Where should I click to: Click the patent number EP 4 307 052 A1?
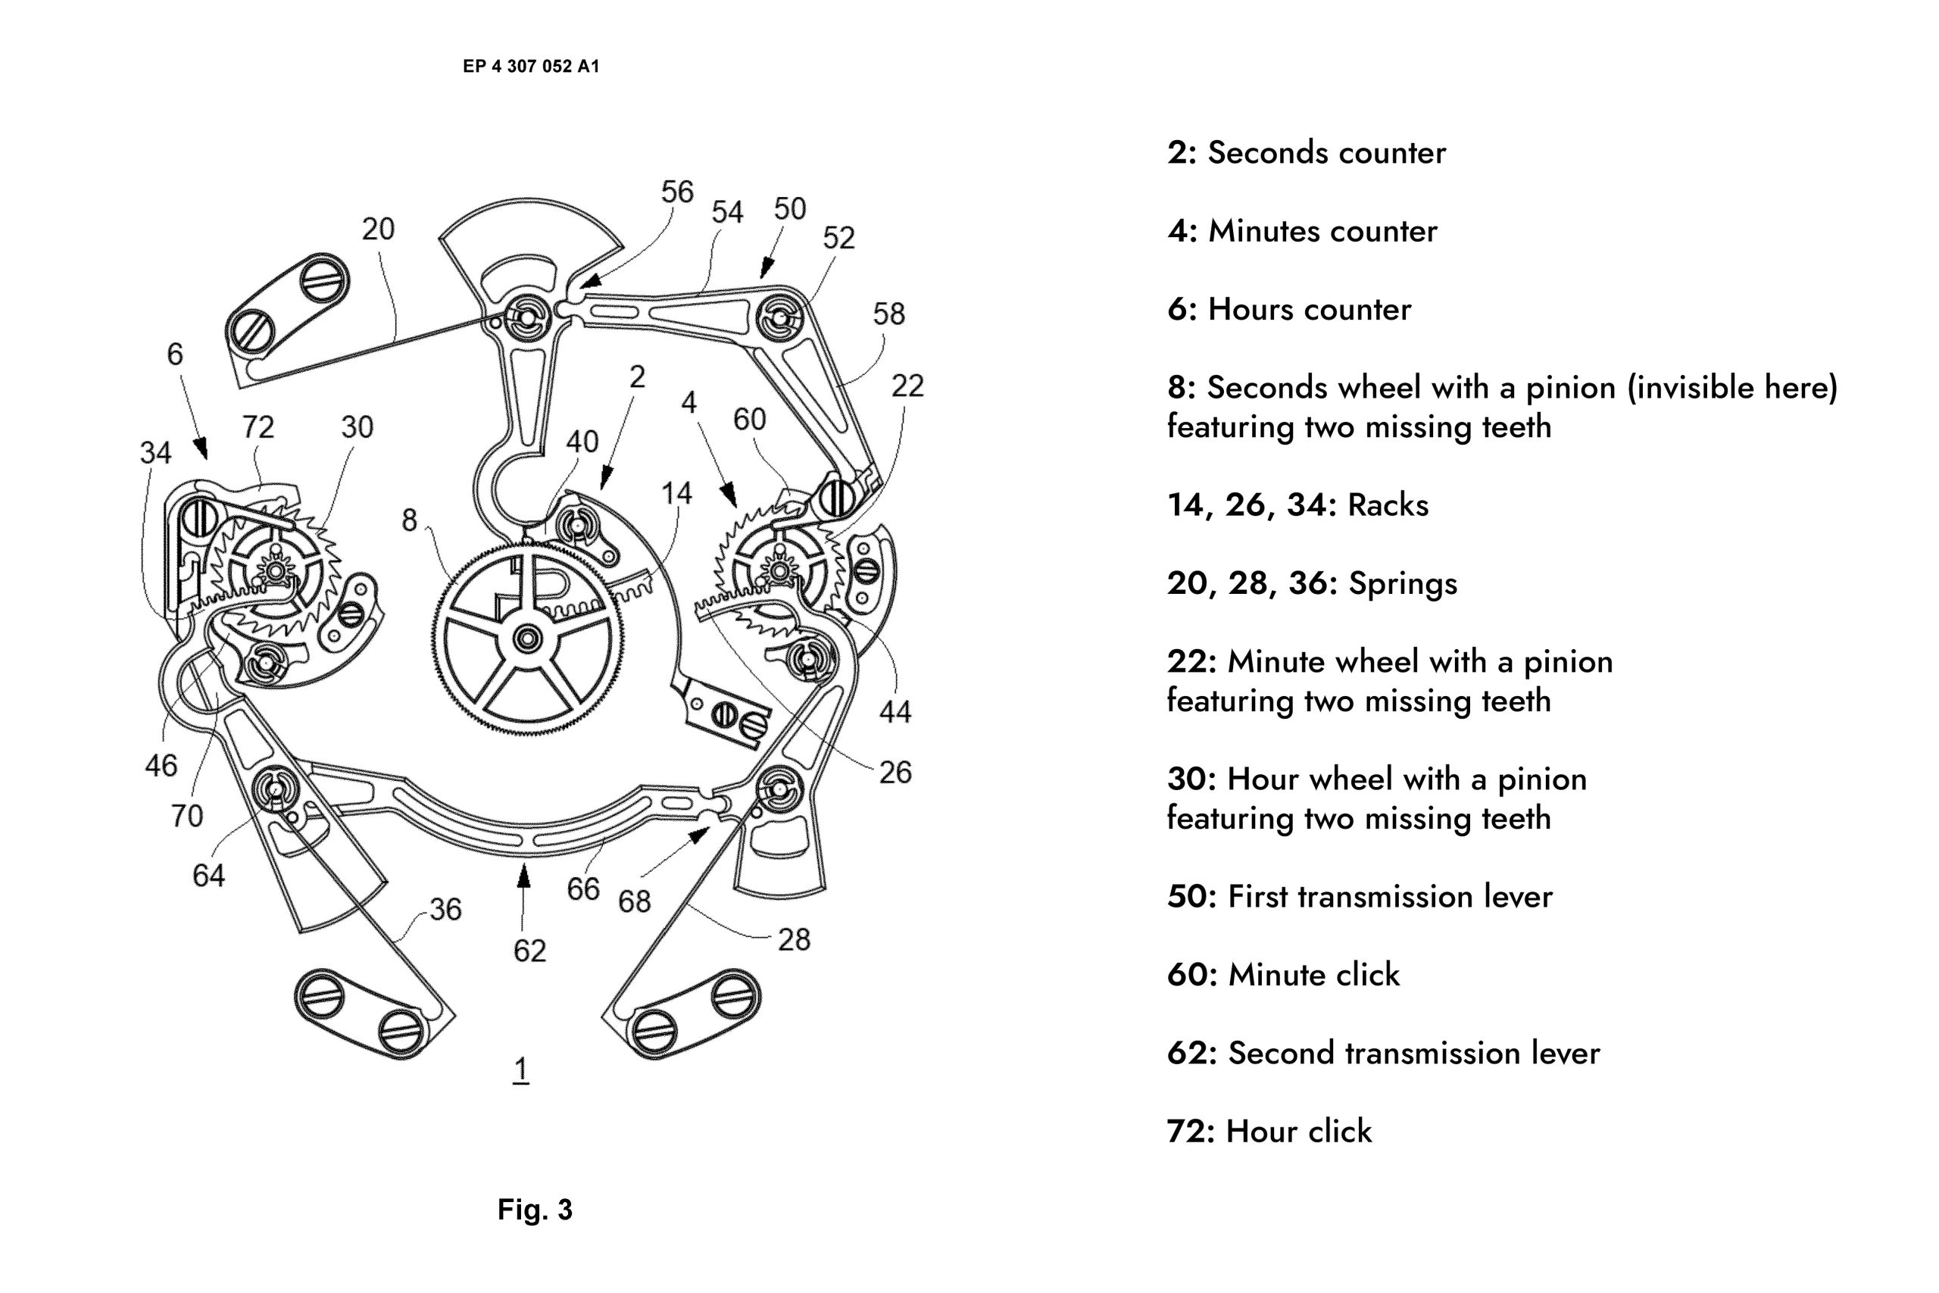[x=531, y=66]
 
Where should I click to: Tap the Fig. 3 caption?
[x=534, y=1209]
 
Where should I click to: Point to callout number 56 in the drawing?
[x=677, y=192]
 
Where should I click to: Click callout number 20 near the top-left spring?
[x=379, y=229]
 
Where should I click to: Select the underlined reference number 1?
[x=520, y=1070]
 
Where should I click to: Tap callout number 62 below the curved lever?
[x=529, y=951]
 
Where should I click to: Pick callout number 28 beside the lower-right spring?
[x=794, y=939]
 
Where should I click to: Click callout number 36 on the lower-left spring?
[x=445, y=909]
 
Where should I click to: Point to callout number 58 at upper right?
[x=888, y=314]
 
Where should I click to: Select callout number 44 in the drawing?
[x=895, y=712]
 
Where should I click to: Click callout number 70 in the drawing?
[x=186, y=816]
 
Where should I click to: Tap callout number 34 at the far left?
[x=155, y=452]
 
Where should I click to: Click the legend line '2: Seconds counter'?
[x=1306, y=152]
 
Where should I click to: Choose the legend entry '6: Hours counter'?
[x=1288, y=309]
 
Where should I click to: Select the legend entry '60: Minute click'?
[x=1283, y=975]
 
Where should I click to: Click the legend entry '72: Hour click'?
[x=1269, y=1132]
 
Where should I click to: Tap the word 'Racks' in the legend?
[x=1388, y=505]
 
